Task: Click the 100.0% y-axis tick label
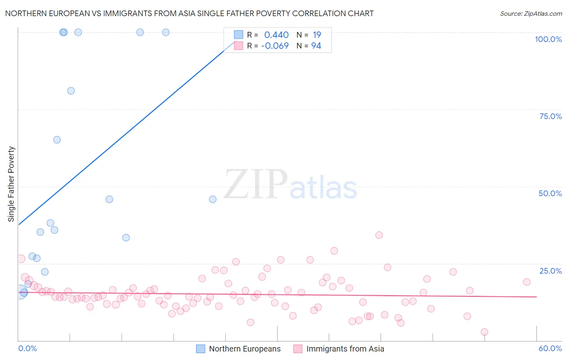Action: pos(548,39)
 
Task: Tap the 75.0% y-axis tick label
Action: pos(550,116)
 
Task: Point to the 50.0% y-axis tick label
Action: pos(550,193)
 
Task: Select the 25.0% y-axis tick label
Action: pos(550,271)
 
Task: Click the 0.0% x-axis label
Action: pos(27,348)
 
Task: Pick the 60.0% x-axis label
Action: pos(550,348)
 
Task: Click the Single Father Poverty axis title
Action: pos(11,184)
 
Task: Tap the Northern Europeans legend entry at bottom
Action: pos(238,349)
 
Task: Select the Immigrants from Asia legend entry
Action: pos(339,349)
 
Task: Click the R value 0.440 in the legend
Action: pos(276,35)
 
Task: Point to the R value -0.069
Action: pos(275,46)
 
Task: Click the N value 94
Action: pos(316,46)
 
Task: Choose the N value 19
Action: pos(317,35)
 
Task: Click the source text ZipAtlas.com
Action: pos(531,14)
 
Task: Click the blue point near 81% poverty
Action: pos(71,91)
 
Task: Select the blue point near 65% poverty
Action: pos(57,140)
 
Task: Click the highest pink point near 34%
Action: pos(379,235)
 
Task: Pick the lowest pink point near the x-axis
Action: pos(484,332)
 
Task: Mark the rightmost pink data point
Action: pos(526,282)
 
